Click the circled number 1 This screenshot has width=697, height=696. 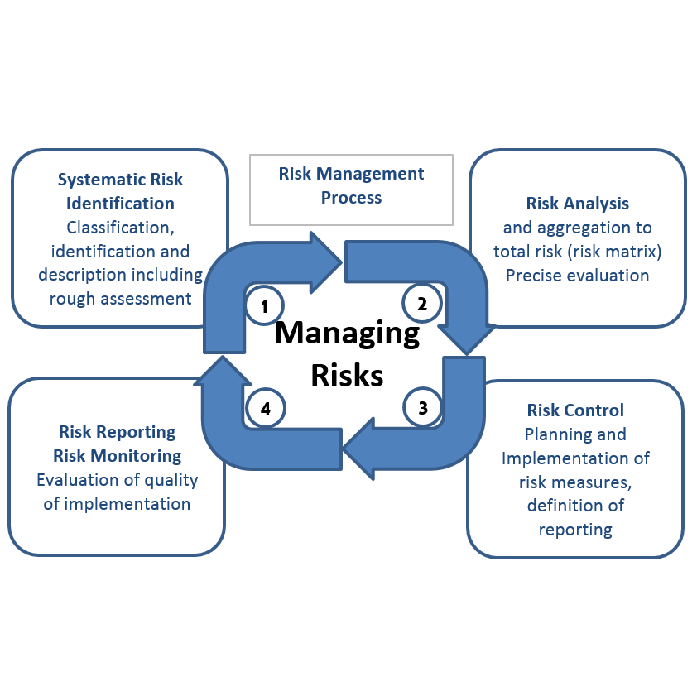(265, 306)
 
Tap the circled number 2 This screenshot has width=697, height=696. (421, 303)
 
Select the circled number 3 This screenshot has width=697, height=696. (423, 407)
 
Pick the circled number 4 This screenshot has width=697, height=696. (265, 408)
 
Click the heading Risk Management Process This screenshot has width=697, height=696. (351, 185)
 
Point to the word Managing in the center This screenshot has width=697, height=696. (347, 333)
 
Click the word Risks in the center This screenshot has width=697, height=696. (347, 375)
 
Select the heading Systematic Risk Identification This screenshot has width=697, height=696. (120, 191)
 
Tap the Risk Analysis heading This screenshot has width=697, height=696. (577, 204)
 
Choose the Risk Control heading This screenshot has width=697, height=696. (575, 410)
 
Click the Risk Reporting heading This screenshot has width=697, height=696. (117, 432)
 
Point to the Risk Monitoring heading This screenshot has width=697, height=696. (117, 456)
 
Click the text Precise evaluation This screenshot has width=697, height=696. (577, 276)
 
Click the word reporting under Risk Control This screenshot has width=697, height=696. (575, 530)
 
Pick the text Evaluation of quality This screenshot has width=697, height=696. (117, 480)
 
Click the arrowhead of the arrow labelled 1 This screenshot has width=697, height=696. (328, 262)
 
